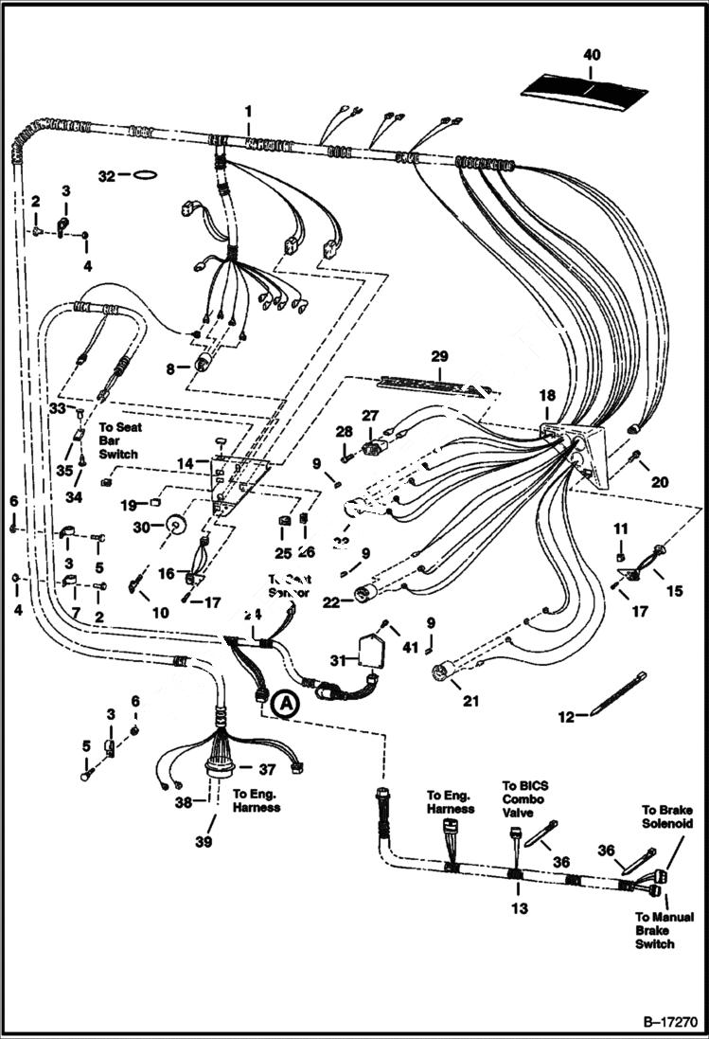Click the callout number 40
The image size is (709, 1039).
(x=592, y=56)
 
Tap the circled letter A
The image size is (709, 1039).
(x=282, y=705)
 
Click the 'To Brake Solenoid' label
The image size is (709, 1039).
(x=667, y=816)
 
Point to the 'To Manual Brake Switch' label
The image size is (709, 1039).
(x=664, y=930)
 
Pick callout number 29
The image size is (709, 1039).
(x=438, y=356)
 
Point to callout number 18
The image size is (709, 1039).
(x=547, y=394)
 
